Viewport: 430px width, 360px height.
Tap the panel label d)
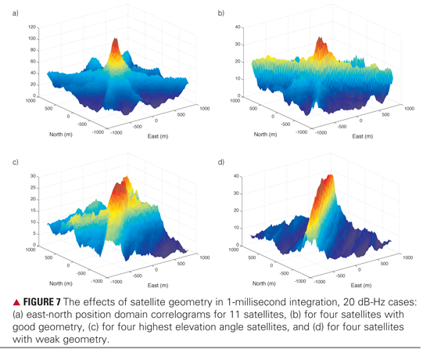tap(220, 162)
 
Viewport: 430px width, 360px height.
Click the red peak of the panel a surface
tap(115, 45)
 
